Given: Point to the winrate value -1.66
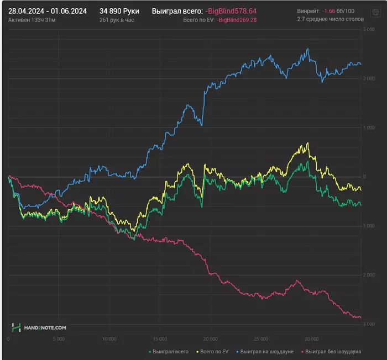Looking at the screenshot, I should tap(329, 10).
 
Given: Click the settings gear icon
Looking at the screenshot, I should tap(374, 12).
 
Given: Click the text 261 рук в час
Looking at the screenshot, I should tap(117, 20).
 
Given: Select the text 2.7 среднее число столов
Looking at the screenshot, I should tap(330, 19).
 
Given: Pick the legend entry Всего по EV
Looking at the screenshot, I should tap(216, 351).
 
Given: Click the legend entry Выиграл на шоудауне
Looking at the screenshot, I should tap(269, 351).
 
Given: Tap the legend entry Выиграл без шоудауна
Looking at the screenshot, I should tap(333, 351).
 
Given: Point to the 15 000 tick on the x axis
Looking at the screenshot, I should tap(160, 339).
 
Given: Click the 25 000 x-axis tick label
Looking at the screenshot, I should tap(261, 339).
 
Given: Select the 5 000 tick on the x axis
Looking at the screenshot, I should tap(59, 339).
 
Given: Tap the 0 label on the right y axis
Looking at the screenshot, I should tap(364, 177).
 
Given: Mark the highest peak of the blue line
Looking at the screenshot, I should tap(307, 49).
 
